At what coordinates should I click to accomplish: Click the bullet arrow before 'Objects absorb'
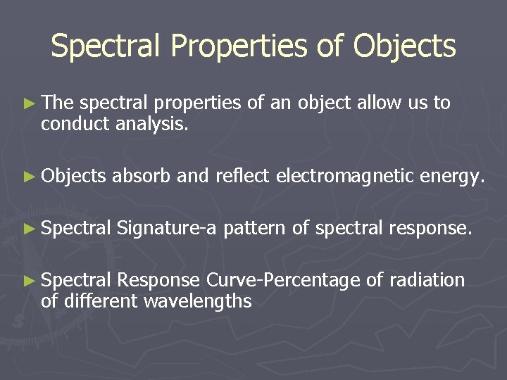click(x=28, y=176)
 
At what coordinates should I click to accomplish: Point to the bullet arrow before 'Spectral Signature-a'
click(x=28, y=228)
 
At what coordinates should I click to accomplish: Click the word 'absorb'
click(x=142, y=175)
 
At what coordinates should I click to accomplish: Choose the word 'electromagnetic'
click(x=344, y=177)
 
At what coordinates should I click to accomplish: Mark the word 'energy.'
click(x=451, y=177)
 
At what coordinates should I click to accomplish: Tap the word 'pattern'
click(x=255, y=229)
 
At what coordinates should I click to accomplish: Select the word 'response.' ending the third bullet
click(x=429, y=229)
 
